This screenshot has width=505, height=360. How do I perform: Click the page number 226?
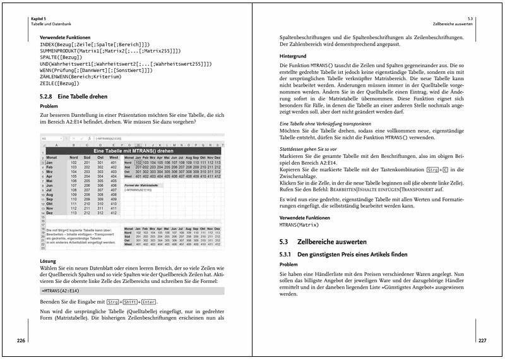point(20,340)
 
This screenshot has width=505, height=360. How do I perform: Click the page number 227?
point(482,340)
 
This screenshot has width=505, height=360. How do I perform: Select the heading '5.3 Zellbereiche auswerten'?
point(323,242)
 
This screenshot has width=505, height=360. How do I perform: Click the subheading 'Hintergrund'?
point(293,56)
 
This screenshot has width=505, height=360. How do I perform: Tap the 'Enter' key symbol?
point(148,303)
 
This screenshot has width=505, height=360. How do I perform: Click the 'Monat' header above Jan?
point(53,157)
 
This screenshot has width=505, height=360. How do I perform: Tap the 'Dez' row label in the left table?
point(49,213)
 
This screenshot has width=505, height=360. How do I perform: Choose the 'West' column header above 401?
point(113,157)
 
